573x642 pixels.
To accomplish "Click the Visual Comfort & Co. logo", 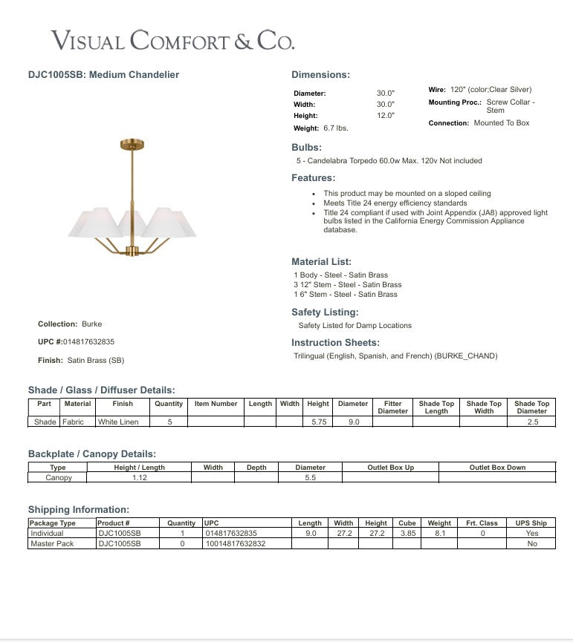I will (x=172, y=39).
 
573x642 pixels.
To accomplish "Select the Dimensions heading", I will (x=320, y=75).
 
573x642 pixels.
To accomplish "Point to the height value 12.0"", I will (x=385, y=116).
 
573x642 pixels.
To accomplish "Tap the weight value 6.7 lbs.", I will (x=336, y=128).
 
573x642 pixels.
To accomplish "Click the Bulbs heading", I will (x=307, y=148).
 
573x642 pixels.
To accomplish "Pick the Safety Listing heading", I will (x=325, y=312).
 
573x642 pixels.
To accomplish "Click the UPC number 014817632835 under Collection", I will (x=88, y=342).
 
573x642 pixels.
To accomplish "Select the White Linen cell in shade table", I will (x=123, y=422).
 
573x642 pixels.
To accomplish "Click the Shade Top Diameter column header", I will (x=531, y=407).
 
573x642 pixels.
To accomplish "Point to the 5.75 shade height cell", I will (x=317, y=422).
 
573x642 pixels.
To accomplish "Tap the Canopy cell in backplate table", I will (x=58, y=478).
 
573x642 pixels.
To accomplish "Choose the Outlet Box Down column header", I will (x=497, y=468).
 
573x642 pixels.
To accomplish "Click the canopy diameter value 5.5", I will (x=310, y=478).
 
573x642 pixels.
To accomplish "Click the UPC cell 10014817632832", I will (x=235, y=544).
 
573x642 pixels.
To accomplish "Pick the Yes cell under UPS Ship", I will (x=531, y=534).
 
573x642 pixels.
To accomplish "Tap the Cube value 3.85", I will (x=407, y=534).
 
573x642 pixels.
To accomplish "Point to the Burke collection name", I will (x=92, y=324).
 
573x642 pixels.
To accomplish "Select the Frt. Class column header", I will (x=482, y=523).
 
